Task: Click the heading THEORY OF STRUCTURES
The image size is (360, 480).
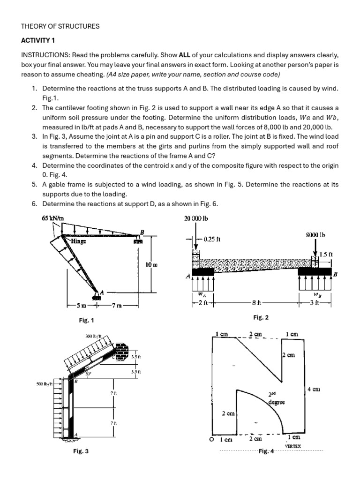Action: (60, 26)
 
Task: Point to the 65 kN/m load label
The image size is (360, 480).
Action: (52, 218)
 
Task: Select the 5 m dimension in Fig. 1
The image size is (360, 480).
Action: (81, 306)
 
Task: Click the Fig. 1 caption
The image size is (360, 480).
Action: (87, 320)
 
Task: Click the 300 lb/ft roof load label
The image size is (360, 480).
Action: (94, 336)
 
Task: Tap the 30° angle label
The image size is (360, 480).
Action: (87, 374)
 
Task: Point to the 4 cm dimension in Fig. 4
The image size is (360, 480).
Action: (313, 389)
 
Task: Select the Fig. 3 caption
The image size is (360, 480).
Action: (81, 451)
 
